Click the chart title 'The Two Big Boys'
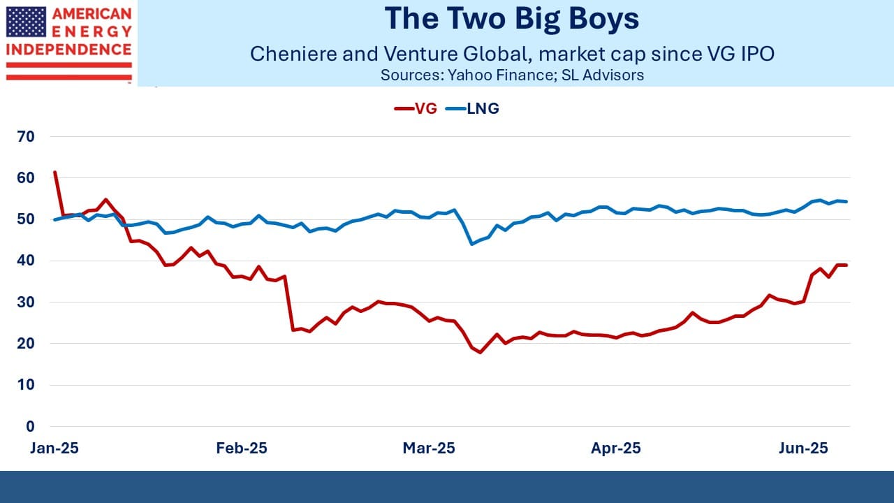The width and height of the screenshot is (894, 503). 512,19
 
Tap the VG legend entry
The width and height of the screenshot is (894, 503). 416,108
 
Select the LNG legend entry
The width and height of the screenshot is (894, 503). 472,108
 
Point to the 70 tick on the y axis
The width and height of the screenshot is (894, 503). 26,136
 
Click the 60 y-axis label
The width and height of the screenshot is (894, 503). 26,177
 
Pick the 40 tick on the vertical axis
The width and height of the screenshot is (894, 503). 26,261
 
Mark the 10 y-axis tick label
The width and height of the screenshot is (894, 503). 26,385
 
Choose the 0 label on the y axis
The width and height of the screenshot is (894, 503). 30,426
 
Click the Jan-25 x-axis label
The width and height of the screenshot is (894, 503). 54,448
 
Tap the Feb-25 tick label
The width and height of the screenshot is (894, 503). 242,448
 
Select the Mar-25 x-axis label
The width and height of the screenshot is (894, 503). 429,448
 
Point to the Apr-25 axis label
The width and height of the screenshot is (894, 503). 616,448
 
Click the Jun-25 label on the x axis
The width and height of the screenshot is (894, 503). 803,448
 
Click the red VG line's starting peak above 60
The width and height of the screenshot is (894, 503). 54,172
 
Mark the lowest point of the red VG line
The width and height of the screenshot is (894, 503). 480,352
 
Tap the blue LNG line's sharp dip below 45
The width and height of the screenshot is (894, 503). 471,244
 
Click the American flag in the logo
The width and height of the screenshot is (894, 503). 27,22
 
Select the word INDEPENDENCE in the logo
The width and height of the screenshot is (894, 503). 68,50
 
